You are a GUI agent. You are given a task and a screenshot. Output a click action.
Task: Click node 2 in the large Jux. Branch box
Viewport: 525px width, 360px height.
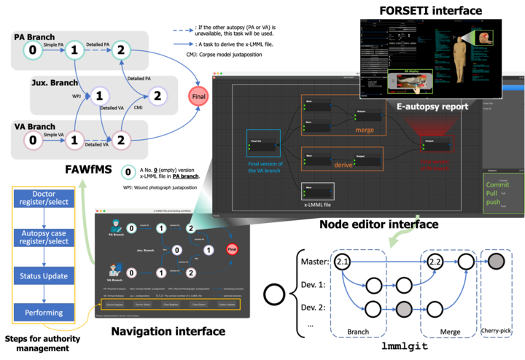(x=156, y=95)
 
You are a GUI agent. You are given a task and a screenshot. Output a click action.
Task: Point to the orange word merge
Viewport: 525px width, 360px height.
(x=365, y=130)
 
